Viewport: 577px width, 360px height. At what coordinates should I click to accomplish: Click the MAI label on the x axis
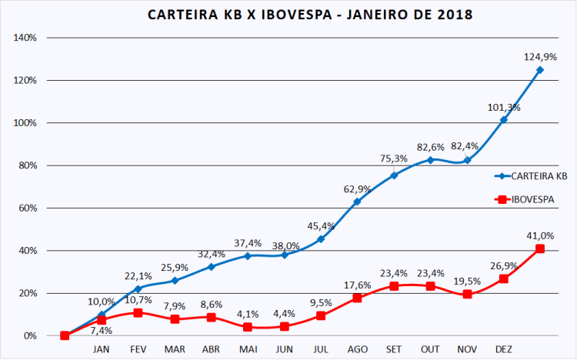[248, 348]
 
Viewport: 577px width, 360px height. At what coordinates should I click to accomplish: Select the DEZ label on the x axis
[503, 348]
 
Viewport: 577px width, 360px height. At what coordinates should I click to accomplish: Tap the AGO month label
[357, 348]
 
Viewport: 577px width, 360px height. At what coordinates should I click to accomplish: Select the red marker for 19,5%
[467, 294]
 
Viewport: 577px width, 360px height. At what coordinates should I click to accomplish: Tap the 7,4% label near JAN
[102, 329]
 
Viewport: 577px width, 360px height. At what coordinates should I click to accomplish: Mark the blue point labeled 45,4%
[321, 239]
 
